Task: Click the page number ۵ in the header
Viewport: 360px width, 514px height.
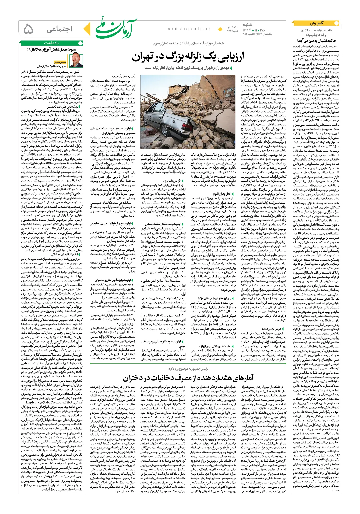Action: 28,29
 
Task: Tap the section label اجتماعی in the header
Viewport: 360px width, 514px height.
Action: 60,29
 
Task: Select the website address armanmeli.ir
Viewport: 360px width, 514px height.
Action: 189,29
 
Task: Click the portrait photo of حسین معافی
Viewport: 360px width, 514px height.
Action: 76,60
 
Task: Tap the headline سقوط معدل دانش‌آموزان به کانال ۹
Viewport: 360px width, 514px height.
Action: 52,49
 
